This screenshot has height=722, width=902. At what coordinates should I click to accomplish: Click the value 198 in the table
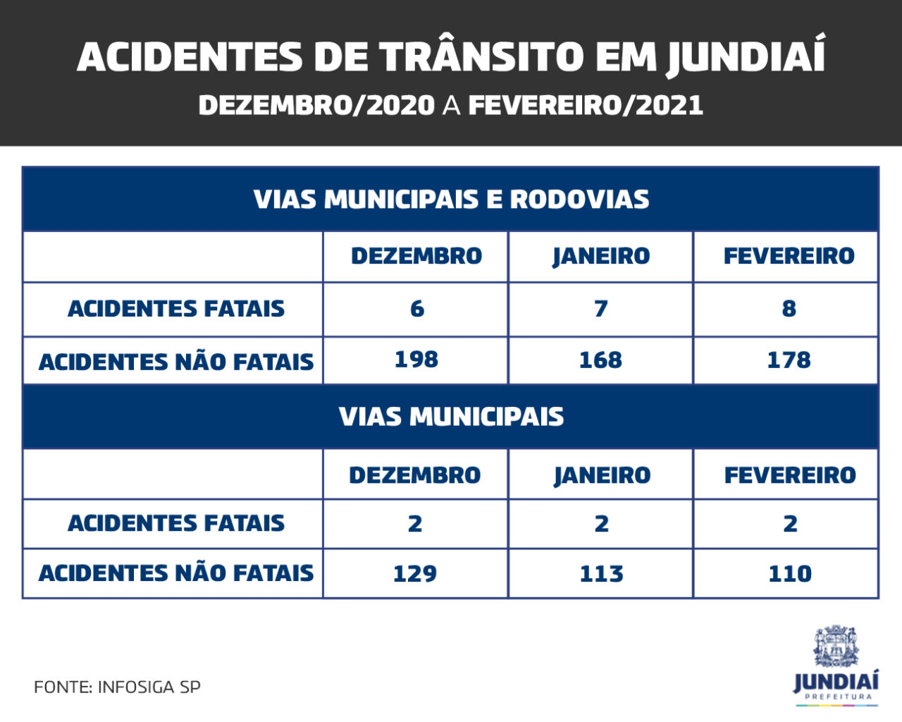tap(416, 360)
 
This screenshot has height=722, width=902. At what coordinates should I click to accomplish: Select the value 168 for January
tap(600, 360)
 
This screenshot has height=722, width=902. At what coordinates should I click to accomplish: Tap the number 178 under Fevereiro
tap(789, 360)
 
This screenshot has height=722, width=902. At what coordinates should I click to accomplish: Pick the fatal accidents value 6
tap(416, 309)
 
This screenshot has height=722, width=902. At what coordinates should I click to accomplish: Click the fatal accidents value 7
tap(600, 309)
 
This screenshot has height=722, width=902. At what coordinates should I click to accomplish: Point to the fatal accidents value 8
tap(789, 309)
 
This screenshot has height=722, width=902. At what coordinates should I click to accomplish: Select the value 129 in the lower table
tap(415, 573)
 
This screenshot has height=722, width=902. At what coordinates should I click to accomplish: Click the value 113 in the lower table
tap(601, 573)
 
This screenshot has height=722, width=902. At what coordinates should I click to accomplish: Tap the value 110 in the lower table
tap(789, 573)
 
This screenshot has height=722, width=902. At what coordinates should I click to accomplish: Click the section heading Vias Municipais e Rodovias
tap(451, 200)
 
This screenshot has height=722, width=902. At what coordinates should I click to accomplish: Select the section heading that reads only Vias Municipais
tap(451, 417)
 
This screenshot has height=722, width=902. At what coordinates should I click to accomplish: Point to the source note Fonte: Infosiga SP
tap(117, 687)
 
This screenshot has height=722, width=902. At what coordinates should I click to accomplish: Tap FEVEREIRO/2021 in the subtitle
tap(586, 106)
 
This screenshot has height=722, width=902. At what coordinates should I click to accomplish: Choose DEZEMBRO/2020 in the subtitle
tap(316, 106)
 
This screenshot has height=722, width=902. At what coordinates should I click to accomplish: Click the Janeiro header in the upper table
tap(600, 256)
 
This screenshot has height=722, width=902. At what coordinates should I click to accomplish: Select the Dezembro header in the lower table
tap(415, 475)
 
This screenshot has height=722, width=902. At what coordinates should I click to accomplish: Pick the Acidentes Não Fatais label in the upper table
tap(176, 362)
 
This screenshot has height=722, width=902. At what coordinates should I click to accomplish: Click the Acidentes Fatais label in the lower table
tap(176, 523)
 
